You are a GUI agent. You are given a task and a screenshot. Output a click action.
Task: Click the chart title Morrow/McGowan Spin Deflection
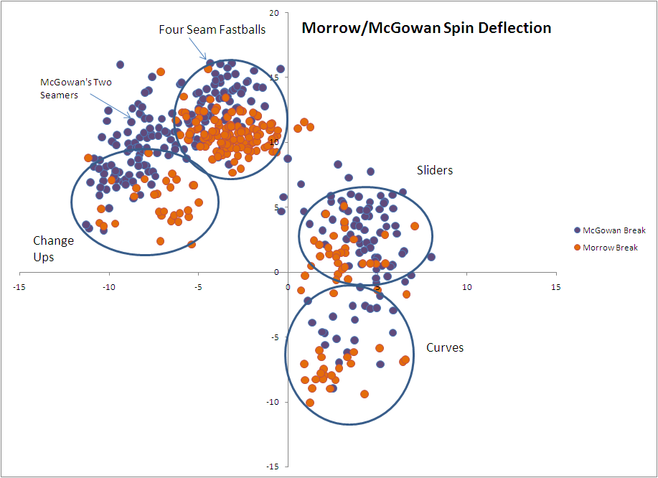tap(426, 29)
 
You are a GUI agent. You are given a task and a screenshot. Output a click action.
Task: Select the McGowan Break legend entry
tap(614, 230)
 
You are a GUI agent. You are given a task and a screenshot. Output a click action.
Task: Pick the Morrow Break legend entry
tap(610, 248)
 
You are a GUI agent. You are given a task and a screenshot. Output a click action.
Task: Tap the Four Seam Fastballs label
tap(212, 29)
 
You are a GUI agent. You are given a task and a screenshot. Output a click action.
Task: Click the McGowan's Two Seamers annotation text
tap(75, 88)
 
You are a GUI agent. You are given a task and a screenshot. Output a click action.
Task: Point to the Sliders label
tap(435, 170)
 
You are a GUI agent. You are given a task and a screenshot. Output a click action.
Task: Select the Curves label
tap(445, 348)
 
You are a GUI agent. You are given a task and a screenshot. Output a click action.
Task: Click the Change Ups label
tap(53, 248)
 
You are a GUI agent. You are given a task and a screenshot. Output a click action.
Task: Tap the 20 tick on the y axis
tap(274, 13)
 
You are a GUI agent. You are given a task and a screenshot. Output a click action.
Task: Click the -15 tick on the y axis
tap(273, 467)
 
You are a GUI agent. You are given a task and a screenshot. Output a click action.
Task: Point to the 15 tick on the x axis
tap(555, 287)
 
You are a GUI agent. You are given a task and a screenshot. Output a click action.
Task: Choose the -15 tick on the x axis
tap(19, 287)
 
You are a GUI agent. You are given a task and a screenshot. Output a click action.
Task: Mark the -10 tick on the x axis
tap(108, 287)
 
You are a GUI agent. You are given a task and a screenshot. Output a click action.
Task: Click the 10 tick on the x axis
tap(466, 287)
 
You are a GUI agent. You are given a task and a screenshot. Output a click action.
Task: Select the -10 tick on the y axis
tap(273, 402)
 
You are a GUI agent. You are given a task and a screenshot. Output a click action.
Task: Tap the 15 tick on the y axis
tap(274, 78)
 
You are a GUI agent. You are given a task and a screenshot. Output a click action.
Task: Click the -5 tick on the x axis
tap(198, 287)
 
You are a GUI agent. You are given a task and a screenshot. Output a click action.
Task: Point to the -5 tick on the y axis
tap(276, 337)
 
